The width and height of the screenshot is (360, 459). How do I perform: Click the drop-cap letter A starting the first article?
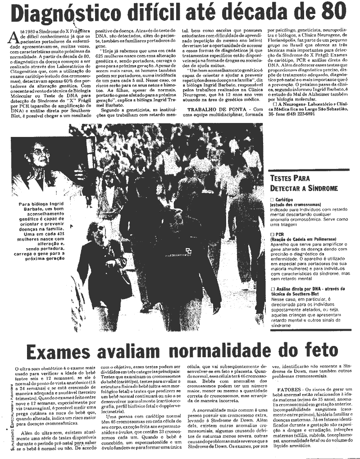(14, 36)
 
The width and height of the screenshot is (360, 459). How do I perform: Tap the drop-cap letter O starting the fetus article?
(17, 369)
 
